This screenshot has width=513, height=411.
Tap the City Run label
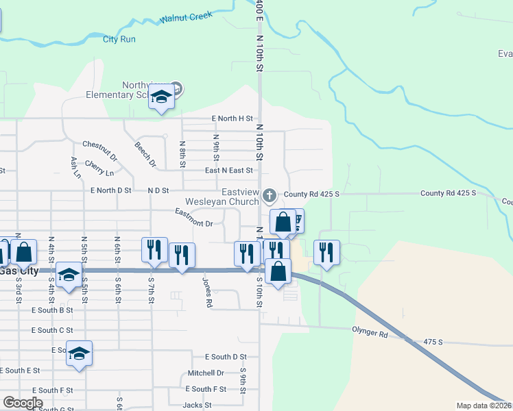[119, 39]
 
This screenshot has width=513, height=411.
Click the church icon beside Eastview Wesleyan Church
[270, 196]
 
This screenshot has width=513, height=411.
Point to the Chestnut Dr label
[100, 149]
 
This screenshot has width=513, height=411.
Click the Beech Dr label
[145, 155]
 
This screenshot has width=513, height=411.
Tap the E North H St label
[232, 119]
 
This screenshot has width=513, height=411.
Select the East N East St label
[229, 170]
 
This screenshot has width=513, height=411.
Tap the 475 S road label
[434, 340]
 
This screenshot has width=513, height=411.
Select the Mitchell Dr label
[206, 373]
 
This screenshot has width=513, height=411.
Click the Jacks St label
[197, 405]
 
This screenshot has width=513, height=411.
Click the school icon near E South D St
[79, 354]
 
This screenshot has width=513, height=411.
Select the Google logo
[23, 402]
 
